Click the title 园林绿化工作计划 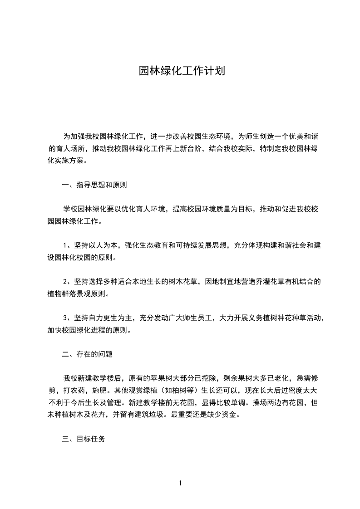182,72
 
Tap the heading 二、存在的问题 87,354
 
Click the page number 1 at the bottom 180,483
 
